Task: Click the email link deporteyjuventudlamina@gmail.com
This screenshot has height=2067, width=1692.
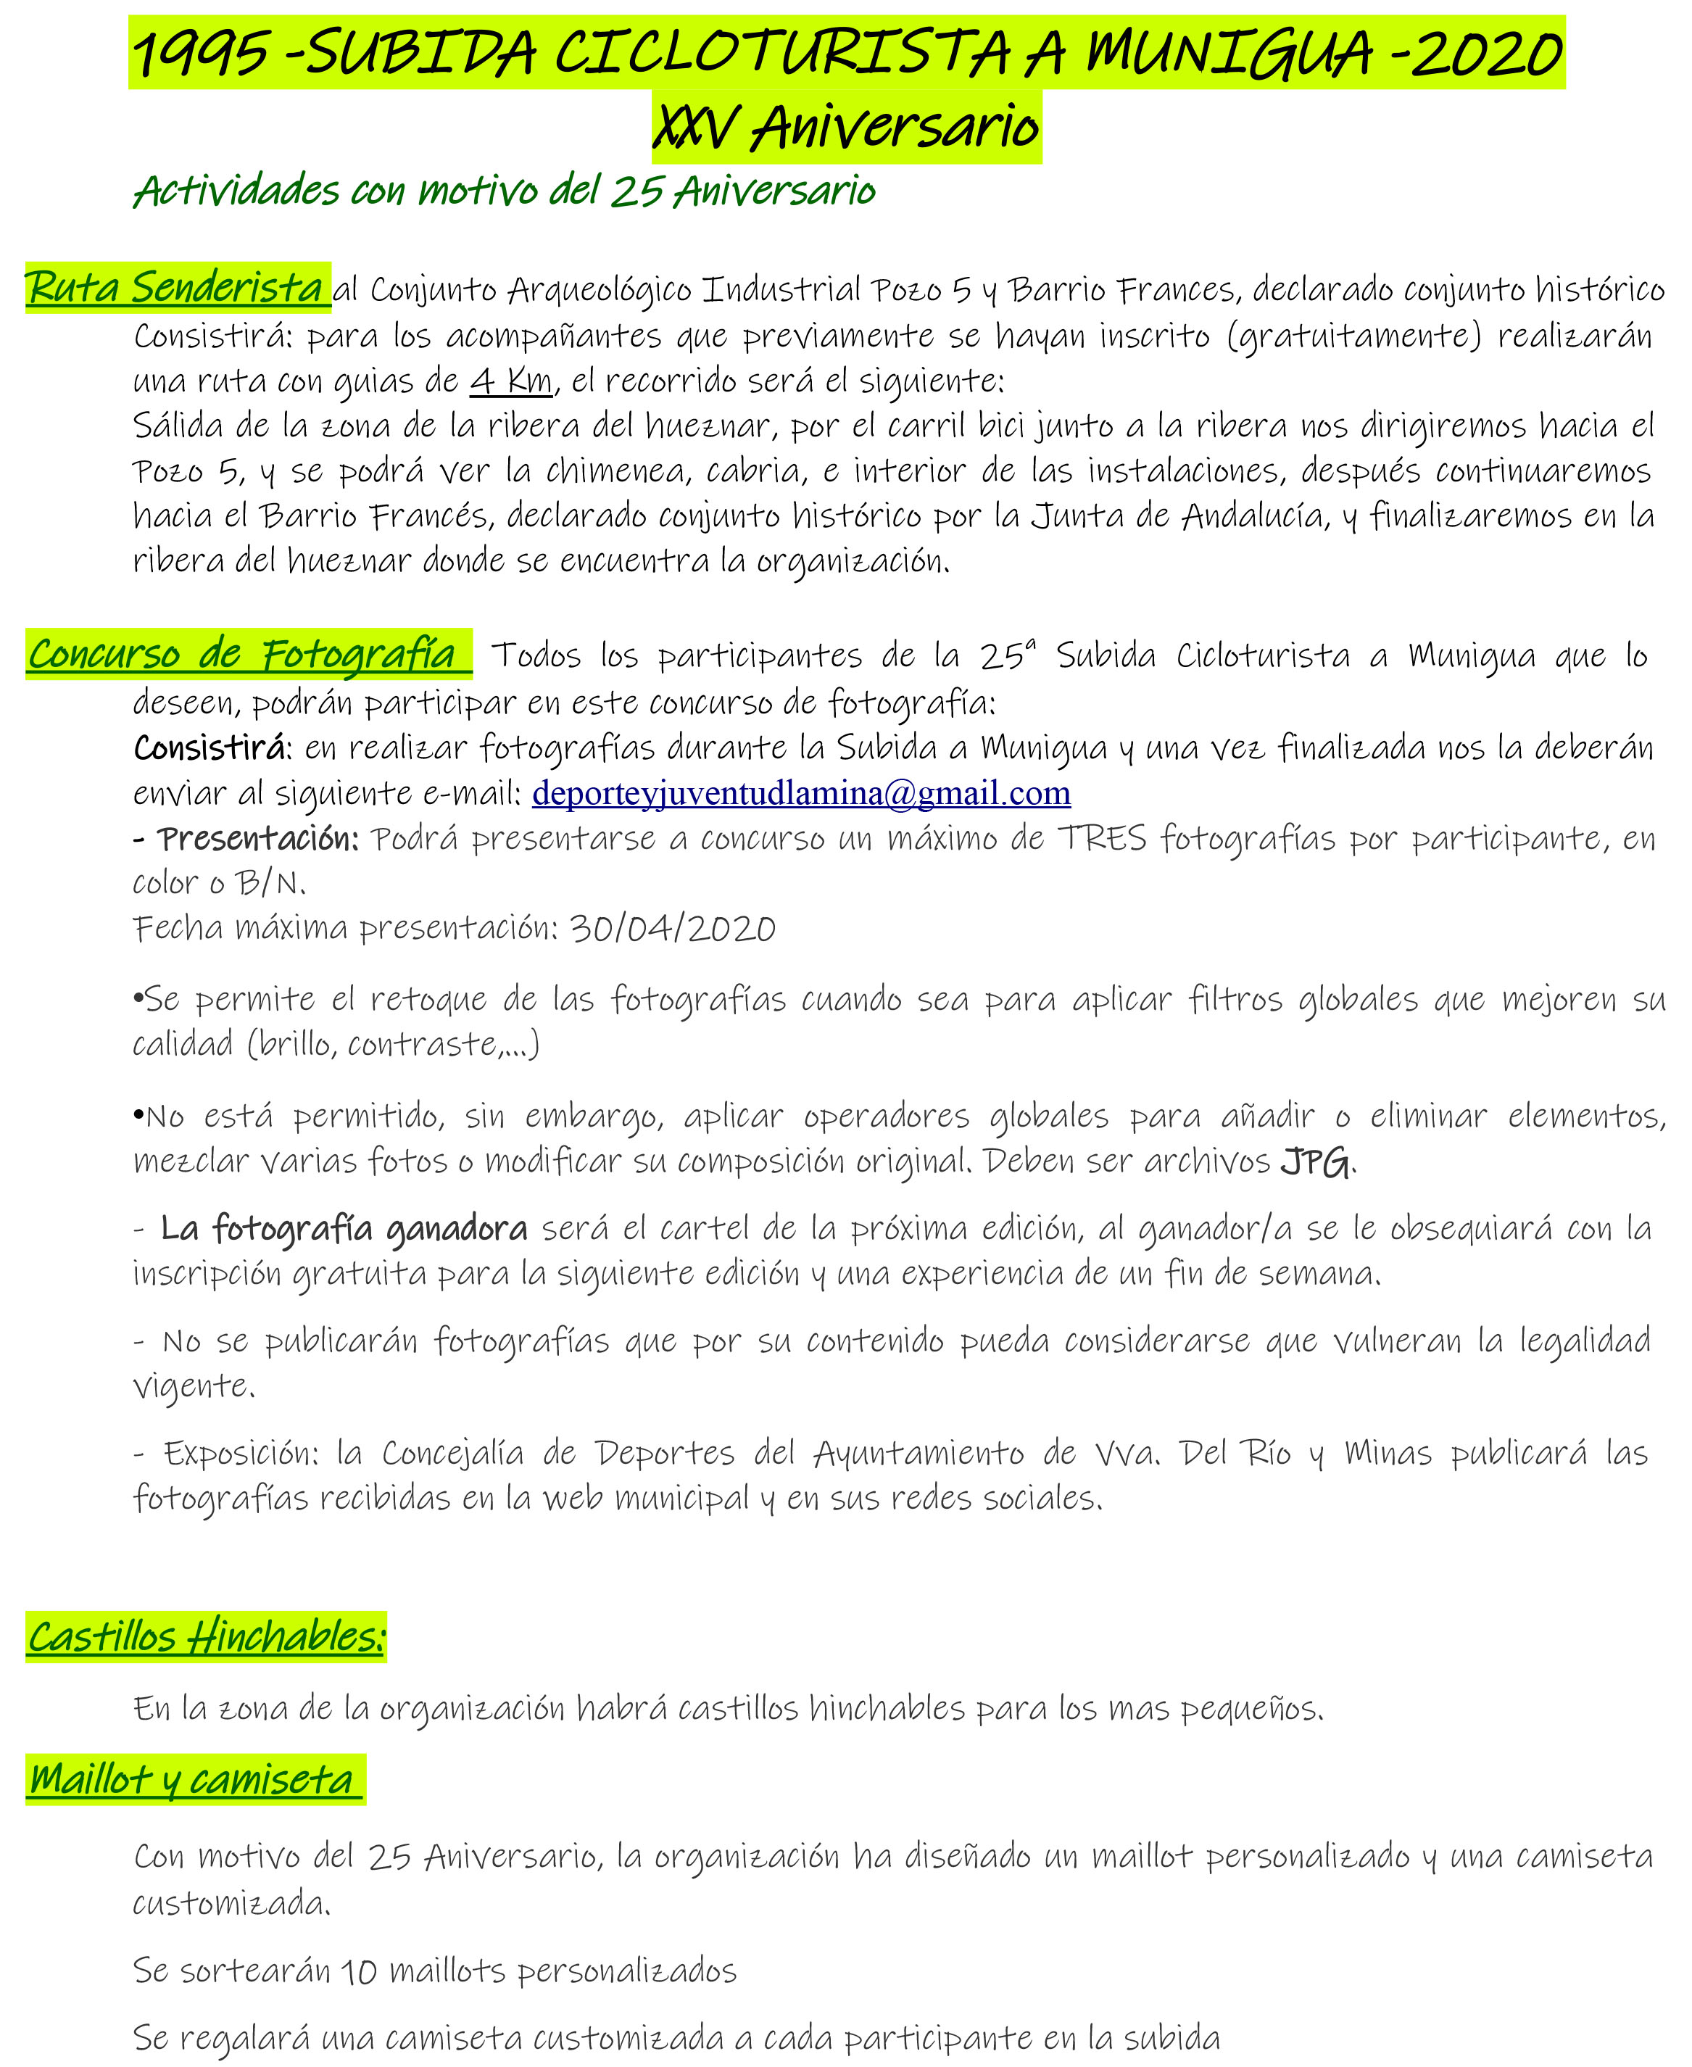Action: pos(801,793)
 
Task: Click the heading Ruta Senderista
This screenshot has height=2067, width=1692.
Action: pos(175,288)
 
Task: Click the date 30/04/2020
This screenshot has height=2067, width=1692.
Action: pos(673,928)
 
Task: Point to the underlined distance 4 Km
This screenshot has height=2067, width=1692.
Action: pos(512,380)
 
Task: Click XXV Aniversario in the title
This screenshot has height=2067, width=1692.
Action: pos(846,128)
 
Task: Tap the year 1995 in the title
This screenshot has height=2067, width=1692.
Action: pos(201,54)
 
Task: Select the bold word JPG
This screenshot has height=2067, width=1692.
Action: pos(1316,1161)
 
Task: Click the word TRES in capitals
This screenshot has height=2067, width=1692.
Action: pos(1103,838)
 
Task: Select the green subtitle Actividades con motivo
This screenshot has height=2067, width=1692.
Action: pos(505,191)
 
